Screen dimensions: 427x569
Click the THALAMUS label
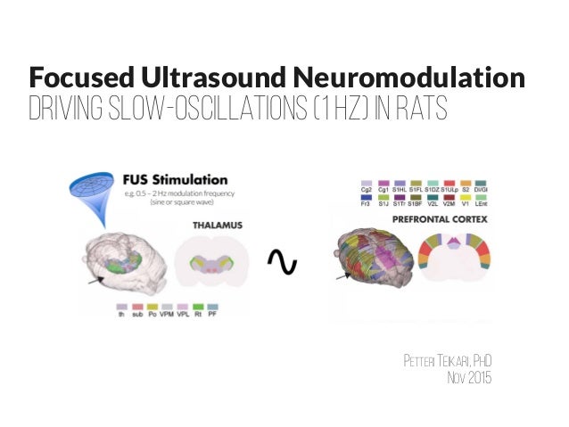click(x=217, y=226)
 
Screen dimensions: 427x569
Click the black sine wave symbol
click(x=284, y=260)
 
